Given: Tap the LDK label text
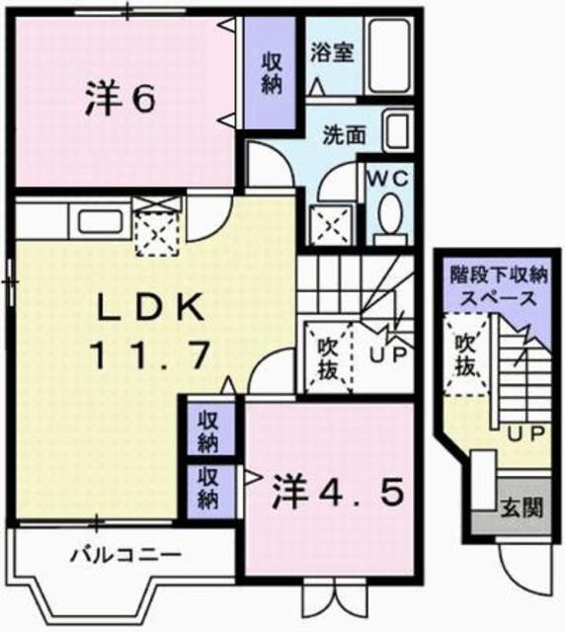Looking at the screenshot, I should (x=150, y=309).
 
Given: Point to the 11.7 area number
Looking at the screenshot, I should (x=150, y=353).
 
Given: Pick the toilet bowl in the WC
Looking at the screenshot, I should (x=390, y=214).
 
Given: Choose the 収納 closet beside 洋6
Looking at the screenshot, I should (x=272, y=74).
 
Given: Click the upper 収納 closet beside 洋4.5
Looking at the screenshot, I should (x=209, y=427).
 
